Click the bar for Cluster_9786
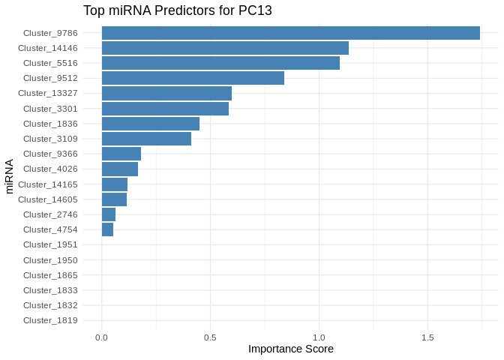click(291, 33)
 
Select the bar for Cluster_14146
click(225, 48)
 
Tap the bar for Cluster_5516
click(220, 63)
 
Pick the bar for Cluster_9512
click(193, 78)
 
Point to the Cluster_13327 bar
click(166, 93)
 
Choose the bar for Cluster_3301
click(165, 109)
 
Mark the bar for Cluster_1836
click(151, 124)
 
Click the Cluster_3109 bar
click(146, 139)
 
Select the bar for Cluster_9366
click(121, 154)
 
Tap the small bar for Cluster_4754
click(107, 229)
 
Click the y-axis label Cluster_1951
click(50, 244)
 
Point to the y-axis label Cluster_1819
click(50, 320)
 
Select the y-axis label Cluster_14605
click(47, 199)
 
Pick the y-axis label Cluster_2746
click(50, 214)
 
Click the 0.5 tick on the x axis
click(211, 337)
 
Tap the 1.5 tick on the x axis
click(427, 337)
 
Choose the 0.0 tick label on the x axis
click(102, 337)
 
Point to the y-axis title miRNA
click(10, 176)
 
